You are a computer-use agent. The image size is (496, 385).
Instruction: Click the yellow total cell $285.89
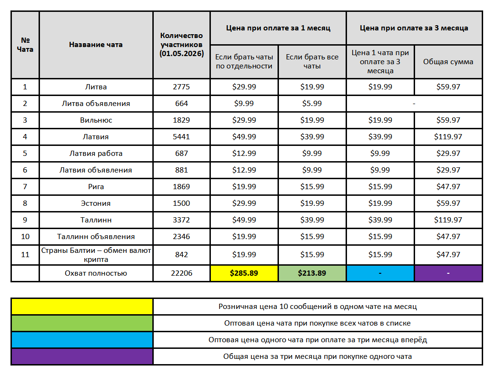tap(244, 273)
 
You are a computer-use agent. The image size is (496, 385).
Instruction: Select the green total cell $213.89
tap(312, 273)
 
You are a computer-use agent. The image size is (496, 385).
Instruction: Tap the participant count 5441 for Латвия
tap(181, 137)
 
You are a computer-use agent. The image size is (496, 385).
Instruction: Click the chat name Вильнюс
tap(96, 120)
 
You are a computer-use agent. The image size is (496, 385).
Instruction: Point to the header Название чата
tap(96, 45)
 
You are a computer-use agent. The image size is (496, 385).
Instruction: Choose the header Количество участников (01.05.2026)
tap(181, 45)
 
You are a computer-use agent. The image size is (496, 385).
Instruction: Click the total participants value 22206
tap(181, 273)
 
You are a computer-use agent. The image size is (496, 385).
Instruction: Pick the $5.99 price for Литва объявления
tap(312, 104)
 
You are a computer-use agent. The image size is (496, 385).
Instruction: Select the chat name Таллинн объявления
tap(96, 237)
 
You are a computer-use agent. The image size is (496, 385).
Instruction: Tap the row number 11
tap(25, 255)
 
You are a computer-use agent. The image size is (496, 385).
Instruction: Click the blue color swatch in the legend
tap(82, 340)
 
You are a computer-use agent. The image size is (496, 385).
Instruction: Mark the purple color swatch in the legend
tap(82, 356)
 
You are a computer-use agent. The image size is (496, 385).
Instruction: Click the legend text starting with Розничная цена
tap(317, 307)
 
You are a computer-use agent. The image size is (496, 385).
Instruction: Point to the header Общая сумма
tap(448, 62)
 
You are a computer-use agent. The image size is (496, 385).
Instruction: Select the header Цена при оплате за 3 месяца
tap(414, 28)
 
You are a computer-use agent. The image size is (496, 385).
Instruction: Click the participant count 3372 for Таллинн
tap(181, 220)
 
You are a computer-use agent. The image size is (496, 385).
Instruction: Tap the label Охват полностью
tap(96, 273)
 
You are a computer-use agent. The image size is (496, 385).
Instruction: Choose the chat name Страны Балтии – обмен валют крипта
tap(96, 255)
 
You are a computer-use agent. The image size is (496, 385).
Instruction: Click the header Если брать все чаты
tap(312, 62)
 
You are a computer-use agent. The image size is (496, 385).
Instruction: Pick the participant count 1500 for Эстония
tap(181, 203)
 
